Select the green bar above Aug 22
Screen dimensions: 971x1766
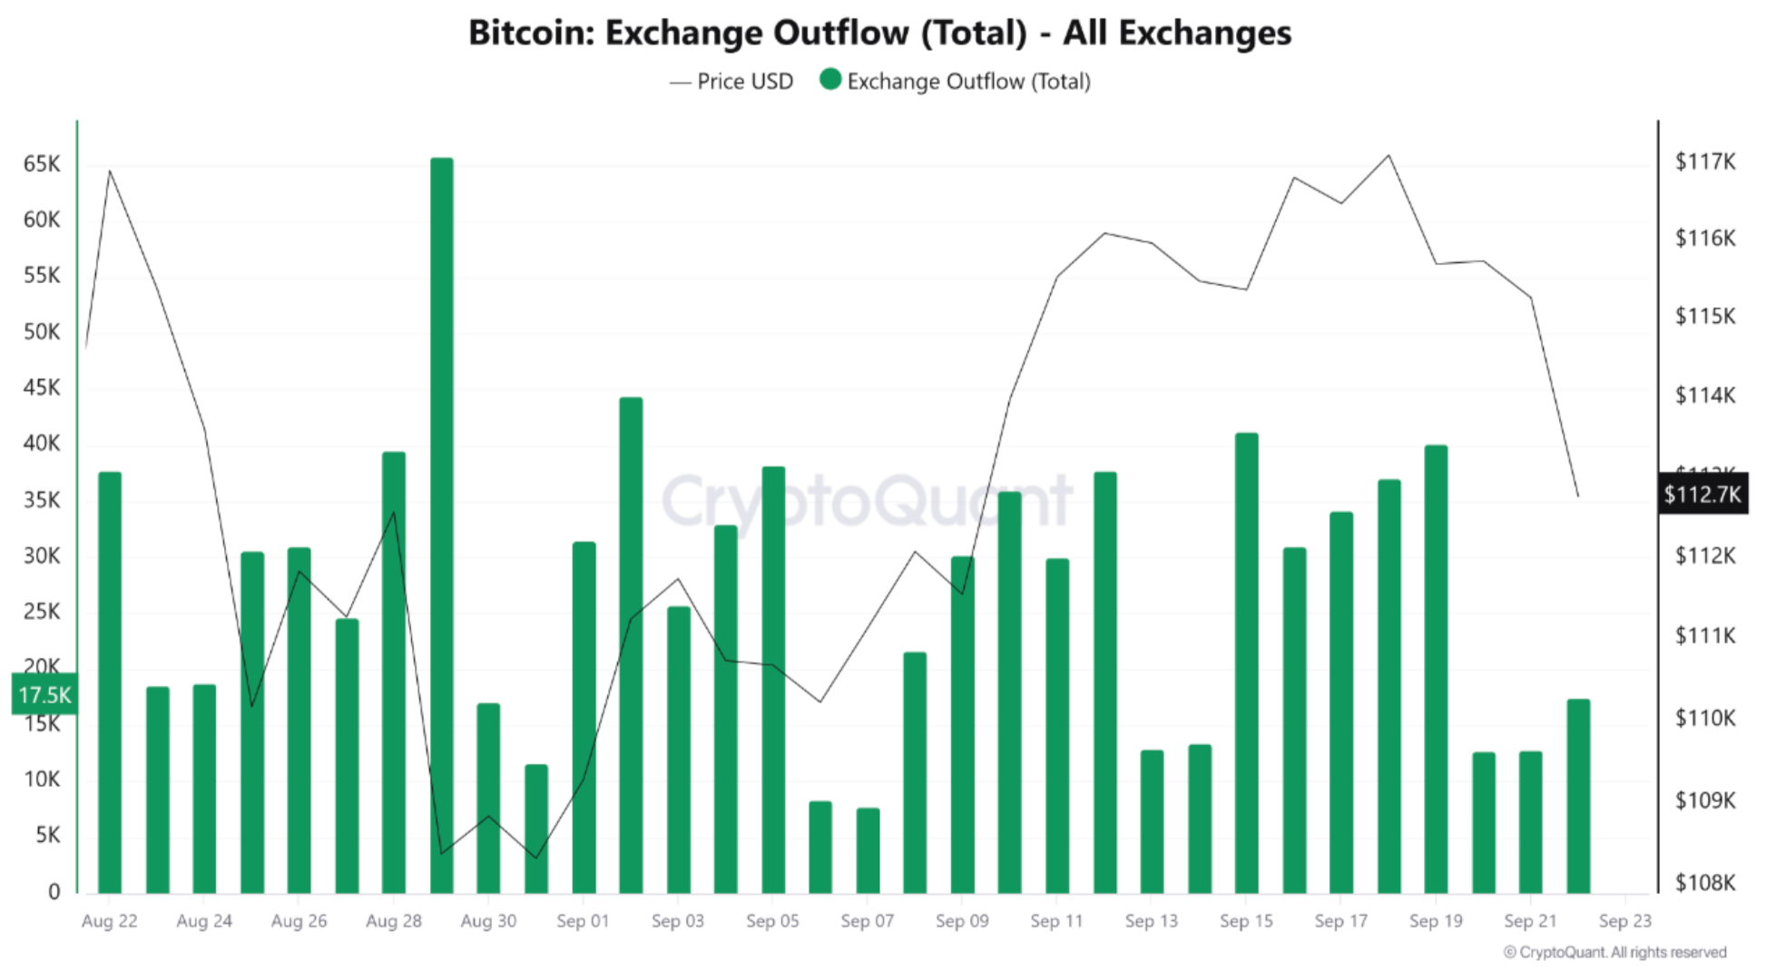tap(110, 681)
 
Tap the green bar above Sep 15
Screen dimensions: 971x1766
tap(1247, 662)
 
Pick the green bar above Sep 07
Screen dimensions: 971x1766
tap(868, 849)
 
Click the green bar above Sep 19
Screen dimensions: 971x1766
tap(1436, 668)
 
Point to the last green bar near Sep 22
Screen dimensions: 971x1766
tap(1578, 795)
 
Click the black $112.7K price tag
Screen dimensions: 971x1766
tap(1702, 495)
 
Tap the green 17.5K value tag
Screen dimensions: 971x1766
tap(44, 695)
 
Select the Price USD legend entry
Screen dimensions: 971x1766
tap(731, 82)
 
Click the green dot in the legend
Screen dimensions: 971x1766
tap(829, 80)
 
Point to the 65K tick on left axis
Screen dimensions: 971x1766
tap(42, 164)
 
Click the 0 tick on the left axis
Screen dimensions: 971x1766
tap(54, 891)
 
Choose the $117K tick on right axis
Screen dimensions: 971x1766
tap(1704, 162)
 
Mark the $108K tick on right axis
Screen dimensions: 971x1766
tap(1704, 882)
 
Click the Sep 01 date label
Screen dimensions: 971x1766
tap(583, 921)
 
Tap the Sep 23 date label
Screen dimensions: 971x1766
tap(1624, 921)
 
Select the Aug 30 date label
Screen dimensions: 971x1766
tap(488, 921)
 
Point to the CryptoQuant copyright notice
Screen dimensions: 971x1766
tap(1614, 952)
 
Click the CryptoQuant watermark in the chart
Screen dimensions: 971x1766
tap(867, 501)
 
